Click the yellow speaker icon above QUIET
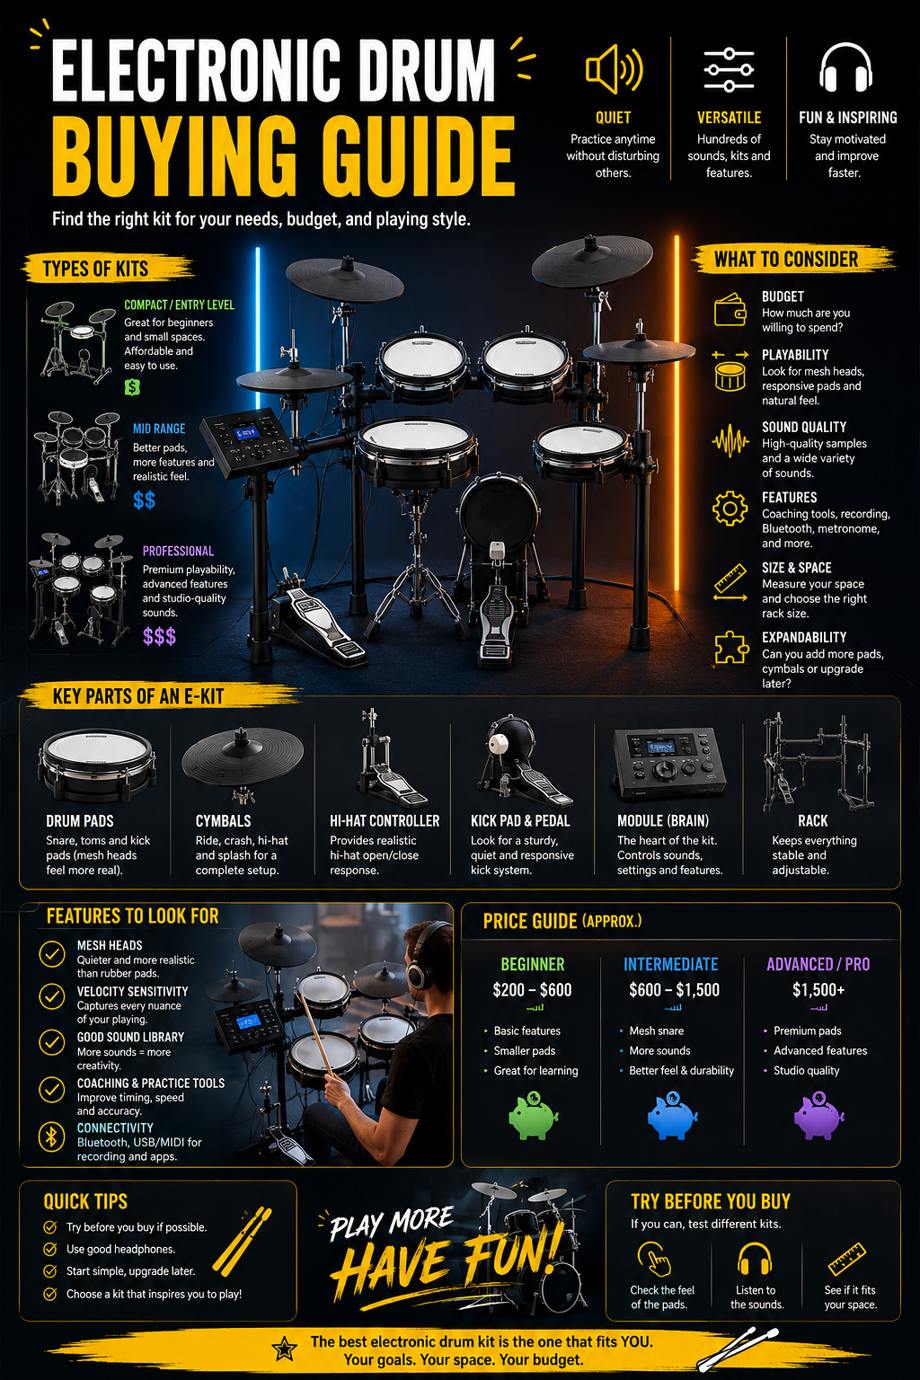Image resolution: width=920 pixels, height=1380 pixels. (x=613, y=69)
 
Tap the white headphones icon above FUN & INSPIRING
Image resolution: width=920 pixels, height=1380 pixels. (x=845, y=67)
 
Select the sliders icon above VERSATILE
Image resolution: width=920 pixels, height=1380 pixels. (x=729, y=69)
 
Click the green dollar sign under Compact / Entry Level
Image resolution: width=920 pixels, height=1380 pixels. (x=132, y=387)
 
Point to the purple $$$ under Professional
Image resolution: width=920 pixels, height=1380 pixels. (x=159, y=636)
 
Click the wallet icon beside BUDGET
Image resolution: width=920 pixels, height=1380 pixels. (x=730, y=309)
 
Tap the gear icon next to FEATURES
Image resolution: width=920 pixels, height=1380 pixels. (x=730, y=509)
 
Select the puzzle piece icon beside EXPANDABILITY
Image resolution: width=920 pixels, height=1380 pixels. (x=730, y=648)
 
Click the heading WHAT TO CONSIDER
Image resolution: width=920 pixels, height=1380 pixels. (x=785, y=260)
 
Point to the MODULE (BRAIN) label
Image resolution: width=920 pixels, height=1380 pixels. (x=663, y=820)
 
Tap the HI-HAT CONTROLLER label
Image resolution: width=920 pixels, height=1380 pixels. (x=385, y=820)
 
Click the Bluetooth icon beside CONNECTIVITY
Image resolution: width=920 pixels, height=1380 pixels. (x=52, y=1137)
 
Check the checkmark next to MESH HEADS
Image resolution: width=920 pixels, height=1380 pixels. (x=52, y=953)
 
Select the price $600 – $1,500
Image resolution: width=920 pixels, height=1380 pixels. (x=674, y=989)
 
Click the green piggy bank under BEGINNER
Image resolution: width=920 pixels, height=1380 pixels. (x=533, y=1115)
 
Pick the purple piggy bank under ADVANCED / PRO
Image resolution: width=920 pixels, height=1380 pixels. (x=818, y=1115)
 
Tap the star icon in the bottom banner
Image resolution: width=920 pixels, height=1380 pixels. (x=284, y=1349)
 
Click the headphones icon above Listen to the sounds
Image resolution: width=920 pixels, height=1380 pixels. (x=755, y=1258)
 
